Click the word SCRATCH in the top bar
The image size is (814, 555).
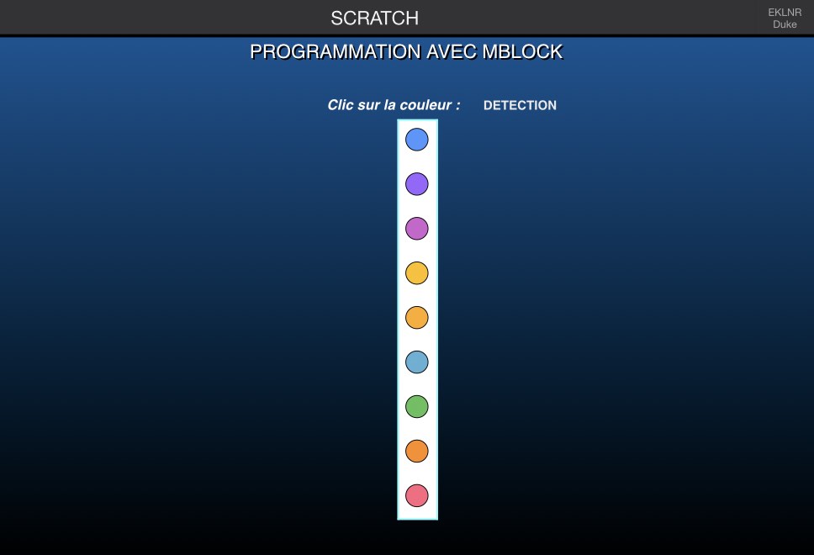[374, 18]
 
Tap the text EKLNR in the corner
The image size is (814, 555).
[785, 13]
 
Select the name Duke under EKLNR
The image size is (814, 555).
[785, 24]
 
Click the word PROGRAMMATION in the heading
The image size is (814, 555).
[336, 52]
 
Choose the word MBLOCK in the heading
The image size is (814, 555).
[522, 52]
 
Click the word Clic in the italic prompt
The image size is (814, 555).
[340, 105]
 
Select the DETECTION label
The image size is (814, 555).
[520, 105]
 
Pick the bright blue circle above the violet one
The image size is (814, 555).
[417, 140]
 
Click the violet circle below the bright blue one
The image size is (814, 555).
[417, 184]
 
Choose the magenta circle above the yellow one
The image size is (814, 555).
[417, 229]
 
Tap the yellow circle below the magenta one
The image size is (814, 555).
[417, 273]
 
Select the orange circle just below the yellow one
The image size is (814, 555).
[417, 318]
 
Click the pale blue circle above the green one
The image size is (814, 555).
[417, 362]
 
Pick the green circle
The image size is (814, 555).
[417, 406]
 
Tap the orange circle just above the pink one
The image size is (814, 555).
[417, 452]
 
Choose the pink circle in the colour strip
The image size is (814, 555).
[417, 495]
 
